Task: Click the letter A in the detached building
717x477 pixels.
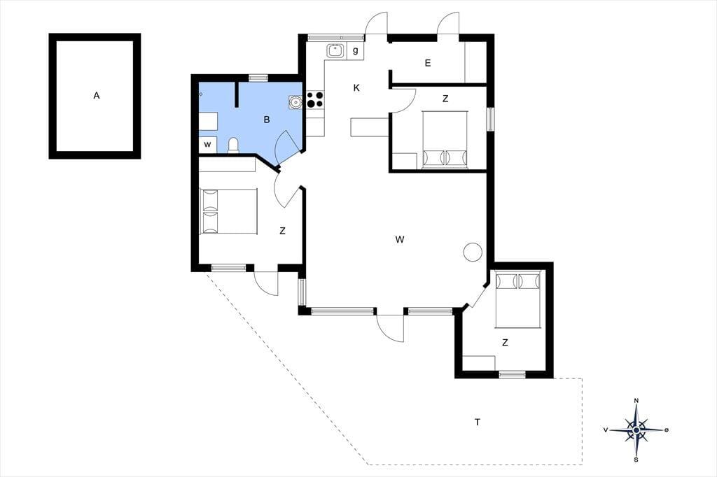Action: [x=97, y=96]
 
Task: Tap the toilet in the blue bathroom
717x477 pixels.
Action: [x=233, y=145]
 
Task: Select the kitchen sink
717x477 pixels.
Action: [x=335, y=51]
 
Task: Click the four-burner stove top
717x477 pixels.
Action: [x=315, y=99]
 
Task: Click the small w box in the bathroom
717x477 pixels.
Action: [x=207, y=145]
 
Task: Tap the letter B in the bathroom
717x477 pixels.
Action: [x=267, y=120]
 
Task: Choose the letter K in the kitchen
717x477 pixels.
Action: [x=356, y=88]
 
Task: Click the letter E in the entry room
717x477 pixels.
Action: [x=428, y=63]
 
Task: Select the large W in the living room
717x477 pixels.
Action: [x=400, y=239]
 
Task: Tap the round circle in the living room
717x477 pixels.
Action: [x=473, y=252]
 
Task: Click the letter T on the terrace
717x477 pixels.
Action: [x=478, y=422]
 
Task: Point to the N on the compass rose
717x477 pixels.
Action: [x=636, y=401]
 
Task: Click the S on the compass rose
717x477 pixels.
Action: [x=636, y=460]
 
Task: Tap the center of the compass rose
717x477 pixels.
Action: [x=636, y=430]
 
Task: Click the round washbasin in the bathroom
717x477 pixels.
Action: [x=295, y=102]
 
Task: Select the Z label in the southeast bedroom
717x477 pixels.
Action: [x=505, y=343]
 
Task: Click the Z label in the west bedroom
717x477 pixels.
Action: [x=282, y=232]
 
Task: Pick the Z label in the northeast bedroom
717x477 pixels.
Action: [x=445, y=99]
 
